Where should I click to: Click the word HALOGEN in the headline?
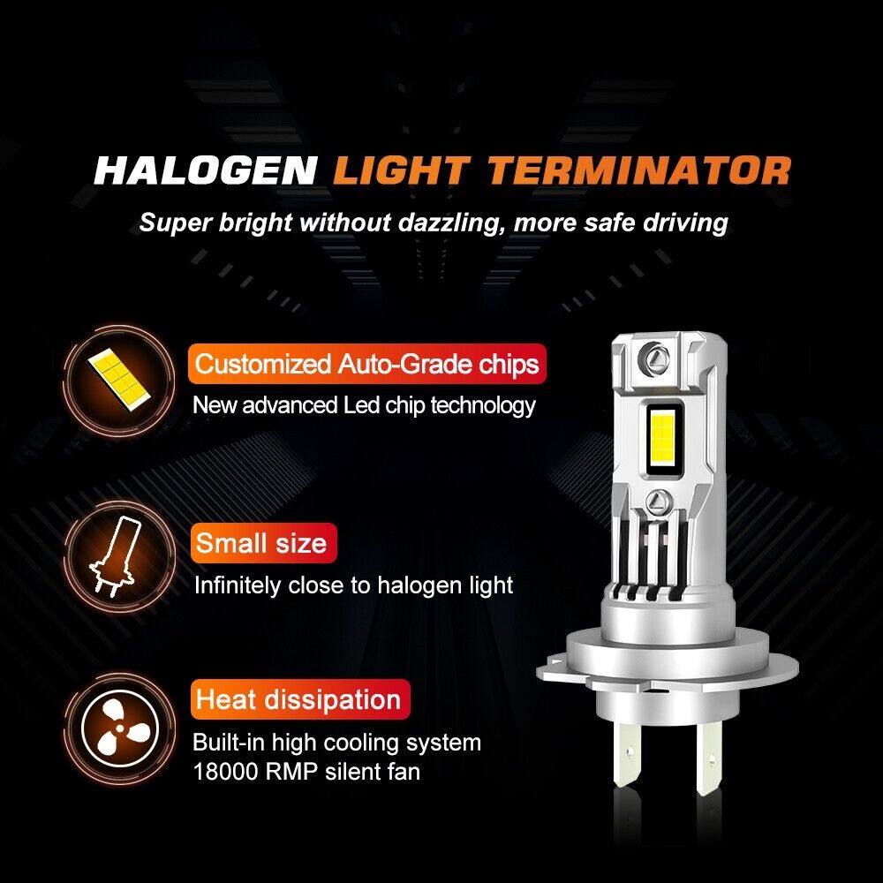206,170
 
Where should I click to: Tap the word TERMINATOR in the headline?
639,170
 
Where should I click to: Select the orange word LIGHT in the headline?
401,170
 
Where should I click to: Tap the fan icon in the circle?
119,728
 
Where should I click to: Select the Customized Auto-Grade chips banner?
367,364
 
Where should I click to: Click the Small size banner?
263,543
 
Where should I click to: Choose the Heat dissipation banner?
300,699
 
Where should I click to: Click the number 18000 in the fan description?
226,772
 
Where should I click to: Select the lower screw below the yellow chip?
659,502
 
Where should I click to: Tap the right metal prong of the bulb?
708,758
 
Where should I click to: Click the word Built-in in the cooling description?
229,743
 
